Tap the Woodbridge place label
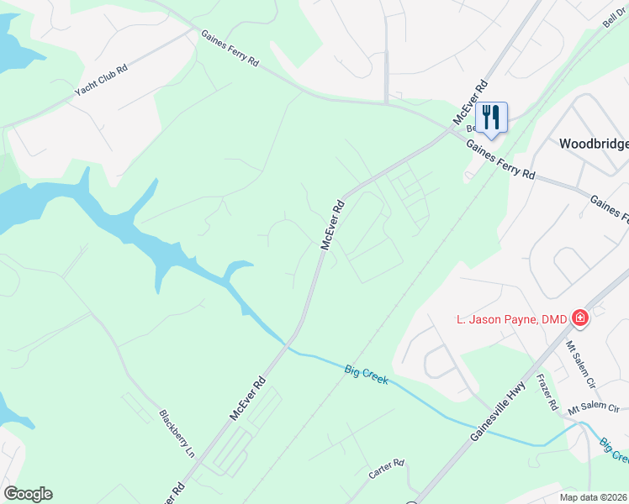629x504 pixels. (594, 144)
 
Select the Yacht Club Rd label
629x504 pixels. (100, 80)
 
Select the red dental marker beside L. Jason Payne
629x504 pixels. (579, 318)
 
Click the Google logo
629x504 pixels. (28, 494)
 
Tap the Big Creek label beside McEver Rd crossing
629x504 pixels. (366, 375)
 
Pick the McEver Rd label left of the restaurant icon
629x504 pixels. (470, 102)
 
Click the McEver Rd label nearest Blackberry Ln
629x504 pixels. (248, 398)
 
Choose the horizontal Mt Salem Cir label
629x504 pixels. (594, 410)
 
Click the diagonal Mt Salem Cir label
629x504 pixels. (579, 360)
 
